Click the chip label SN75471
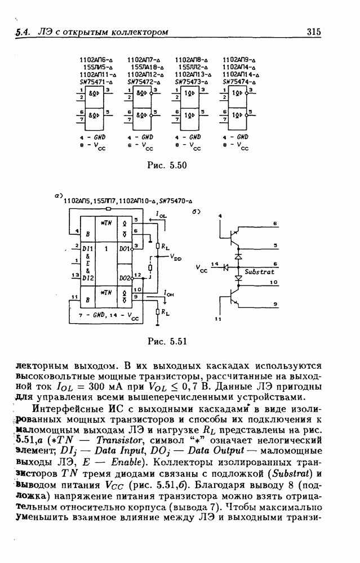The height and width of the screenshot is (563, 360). (95, 81)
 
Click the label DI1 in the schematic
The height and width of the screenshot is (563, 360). (87, 248)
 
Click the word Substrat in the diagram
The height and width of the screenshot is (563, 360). (260, 272)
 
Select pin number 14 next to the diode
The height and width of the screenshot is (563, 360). (215, 263)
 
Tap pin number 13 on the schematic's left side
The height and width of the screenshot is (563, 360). (74, 275)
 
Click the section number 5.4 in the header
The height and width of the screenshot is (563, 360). (23, 33)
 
